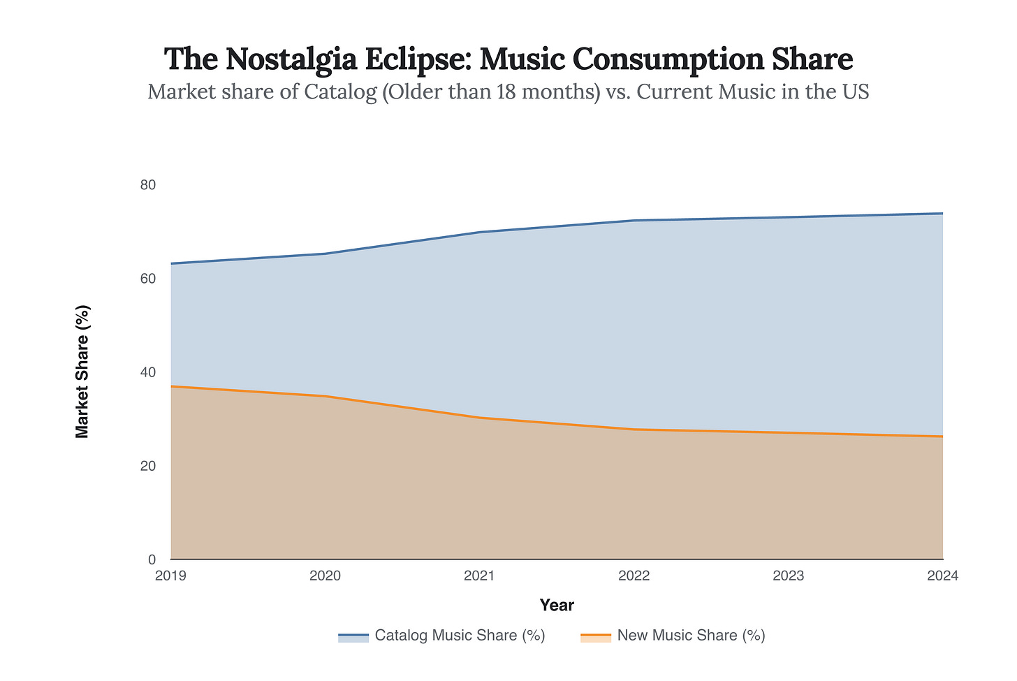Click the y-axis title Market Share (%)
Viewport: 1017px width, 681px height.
[x=82, y=372]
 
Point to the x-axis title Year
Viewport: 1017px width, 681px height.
[x=557, y=605]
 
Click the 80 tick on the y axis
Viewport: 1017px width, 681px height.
[x=147, y=185]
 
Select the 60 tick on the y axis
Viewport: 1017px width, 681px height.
[x=147, y=279]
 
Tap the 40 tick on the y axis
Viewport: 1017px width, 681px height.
[x=147, y=372]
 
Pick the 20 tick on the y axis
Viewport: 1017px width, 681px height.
[x=147, y=466]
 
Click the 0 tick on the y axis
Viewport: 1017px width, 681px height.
[x=152, y=559]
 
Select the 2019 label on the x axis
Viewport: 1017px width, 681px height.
[x=170, y=576]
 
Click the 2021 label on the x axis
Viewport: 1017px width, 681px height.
[x=479, y=576]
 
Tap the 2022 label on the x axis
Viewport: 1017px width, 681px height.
[x=634, y=576]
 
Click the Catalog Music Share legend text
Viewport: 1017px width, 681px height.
[x=460, y=636]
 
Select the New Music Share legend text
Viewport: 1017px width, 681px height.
[x=691, y=636]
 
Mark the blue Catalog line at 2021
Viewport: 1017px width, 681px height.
[x=480, y=232]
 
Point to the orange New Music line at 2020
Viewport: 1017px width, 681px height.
[x=325, y=396]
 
